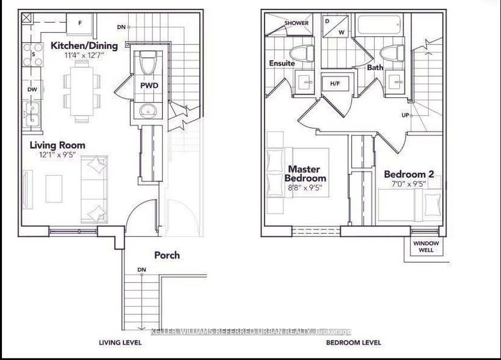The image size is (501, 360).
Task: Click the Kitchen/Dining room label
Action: [84, 46]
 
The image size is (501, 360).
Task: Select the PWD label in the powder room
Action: [149, 86]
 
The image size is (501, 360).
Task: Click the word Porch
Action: [167, 255]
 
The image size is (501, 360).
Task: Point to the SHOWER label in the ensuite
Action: [296, 23]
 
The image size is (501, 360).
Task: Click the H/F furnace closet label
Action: [335, 84]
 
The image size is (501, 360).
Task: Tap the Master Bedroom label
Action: [305, 173]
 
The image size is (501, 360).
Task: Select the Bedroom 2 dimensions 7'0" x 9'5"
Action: [409, 184]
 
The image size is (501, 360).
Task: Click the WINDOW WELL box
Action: [426, 247]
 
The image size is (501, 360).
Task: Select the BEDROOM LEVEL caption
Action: [353, 342]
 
